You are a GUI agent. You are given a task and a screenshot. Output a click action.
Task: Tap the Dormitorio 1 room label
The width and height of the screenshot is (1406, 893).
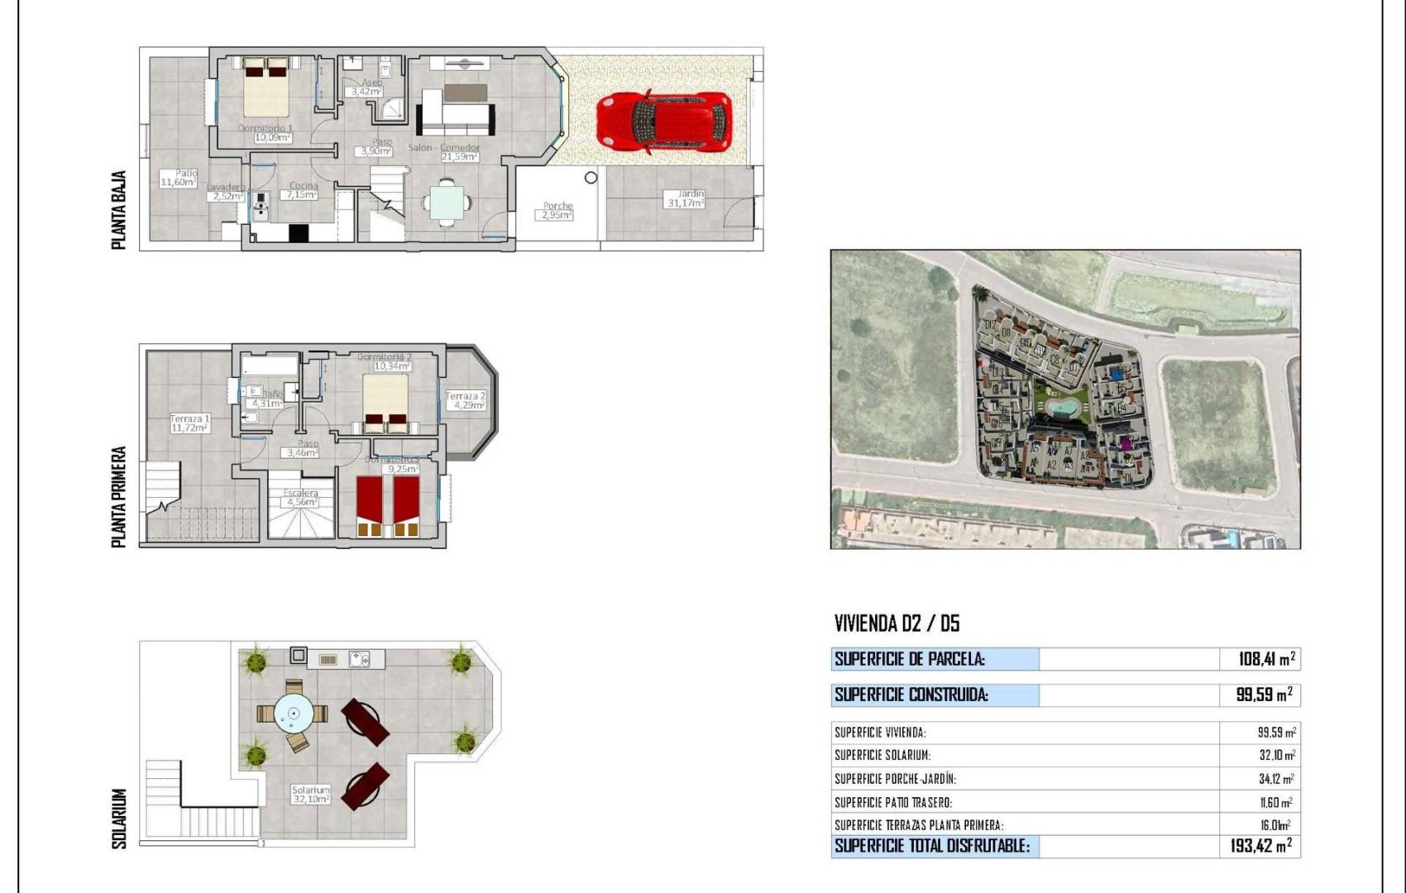[266, 133]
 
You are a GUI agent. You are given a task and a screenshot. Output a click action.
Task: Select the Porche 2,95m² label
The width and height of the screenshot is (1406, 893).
[557, 211]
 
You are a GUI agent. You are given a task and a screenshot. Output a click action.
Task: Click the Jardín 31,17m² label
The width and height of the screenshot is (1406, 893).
[686, 198]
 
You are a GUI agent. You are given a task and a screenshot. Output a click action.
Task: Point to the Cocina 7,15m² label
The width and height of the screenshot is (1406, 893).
[303, 191]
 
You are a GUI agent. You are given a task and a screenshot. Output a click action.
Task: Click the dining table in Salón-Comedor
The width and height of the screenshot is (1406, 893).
[447, 202]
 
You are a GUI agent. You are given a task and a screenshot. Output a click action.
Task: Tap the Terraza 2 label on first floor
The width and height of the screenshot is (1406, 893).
[465, 401]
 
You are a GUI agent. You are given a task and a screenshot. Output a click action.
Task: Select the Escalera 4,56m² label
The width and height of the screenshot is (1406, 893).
[301, 498]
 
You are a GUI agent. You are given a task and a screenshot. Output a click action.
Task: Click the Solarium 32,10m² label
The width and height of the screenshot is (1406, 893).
[311, 795]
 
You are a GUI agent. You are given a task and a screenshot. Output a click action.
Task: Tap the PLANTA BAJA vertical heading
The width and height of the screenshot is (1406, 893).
[119, 210]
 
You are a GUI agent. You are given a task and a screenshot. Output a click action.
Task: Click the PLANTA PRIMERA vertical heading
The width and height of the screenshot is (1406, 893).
[119, 497]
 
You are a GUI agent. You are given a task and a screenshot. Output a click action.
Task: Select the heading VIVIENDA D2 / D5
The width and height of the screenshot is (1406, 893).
[897, 623]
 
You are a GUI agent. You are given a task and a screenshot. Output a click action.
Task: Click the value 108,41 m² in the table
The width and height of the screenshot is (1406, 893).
[1266, 659]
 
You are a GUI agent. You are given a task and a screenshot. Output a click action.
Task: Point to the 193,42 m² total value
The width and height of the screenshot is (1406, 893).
[1260, 846]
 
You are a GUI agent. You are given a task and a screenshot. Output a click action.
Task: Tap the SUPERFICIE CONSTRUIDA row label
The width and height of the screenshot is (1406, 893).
[911, 695]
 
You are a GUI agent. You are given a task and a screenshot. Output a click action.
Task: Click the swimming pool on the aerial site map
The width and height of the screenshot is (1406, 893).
[1061, 408]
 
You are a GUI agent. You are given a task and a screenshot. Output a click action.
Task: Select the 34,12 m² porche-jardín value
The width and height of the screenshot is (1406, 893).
[1276, 779]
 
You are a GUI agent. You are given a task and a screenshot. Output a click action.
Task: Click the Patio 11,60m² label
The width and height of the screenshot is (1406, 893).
[179, 178]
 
